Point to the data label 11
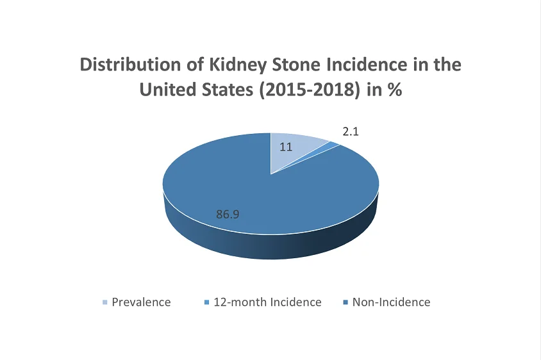[x=286, y=147]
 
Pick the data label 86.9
[x=228, y=214]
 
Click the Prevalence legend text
[x=141, y=302]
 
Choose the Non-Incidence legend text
[x=391, y=302]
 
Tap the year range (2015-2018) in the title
[x=302, y=90]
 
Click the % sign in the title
[x=394, y=90]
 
